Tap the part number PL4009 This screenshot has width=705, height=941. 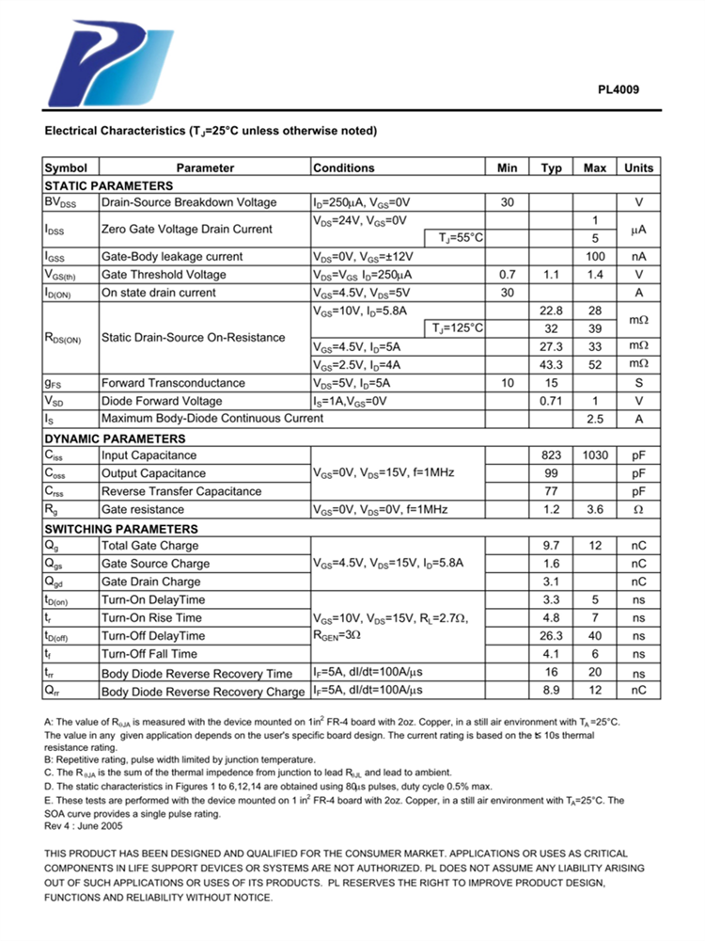tap(619, 91)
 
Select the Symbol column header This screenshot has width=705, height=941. tap(66, 168)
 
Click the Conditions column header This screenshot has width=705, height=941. tap(343, 168)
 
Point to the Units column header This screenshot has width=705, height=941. tap(638, 168)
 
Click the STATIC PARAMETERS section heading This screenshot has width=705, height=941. tap(109, 185)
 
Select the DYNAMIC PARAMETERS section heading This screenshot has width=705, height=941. tap(115, 439)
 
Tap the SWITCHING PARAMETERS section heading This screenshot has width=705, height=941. tap(121, 529)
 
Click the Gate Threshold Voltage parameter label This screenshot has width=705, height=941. tap(164, 275)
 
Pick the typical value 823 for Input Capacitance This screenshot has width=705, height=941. tap(552, 455)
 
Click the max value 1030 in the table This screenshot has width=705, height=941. tap(595, 455)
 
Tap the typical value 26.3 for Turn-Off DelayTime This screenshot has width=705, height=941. tap(552, 636)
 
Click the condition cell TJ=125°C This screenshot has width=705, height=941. tap(459, 328)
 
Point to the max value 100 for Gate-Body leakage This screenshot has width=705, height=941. tap(595, 257)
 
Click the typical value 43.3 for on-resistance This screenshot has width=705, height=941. tap(552, 365)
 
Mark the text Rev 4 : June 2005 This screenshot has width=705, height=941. tap(84, 826)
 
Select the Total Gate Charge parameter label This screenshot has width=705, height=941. tap(150, 546)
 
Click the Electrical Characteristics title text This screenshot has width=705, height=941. tap(211, 131)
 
